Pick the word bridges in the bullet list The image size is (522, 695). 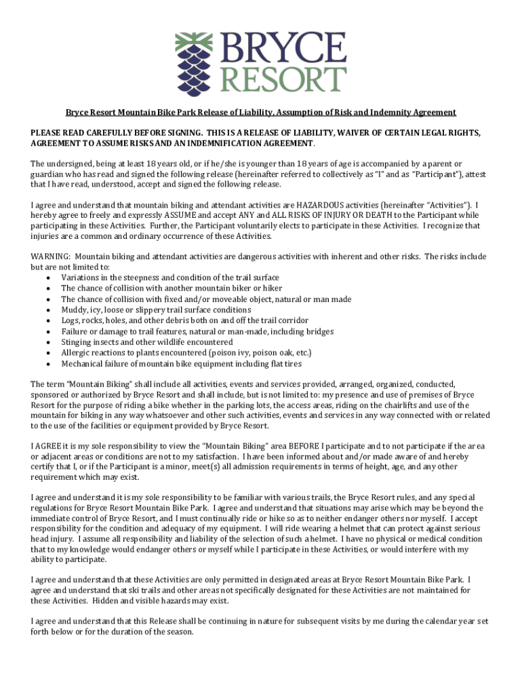(x=320, y=331)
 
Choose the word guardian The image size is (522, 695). (x=49, y=174)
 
